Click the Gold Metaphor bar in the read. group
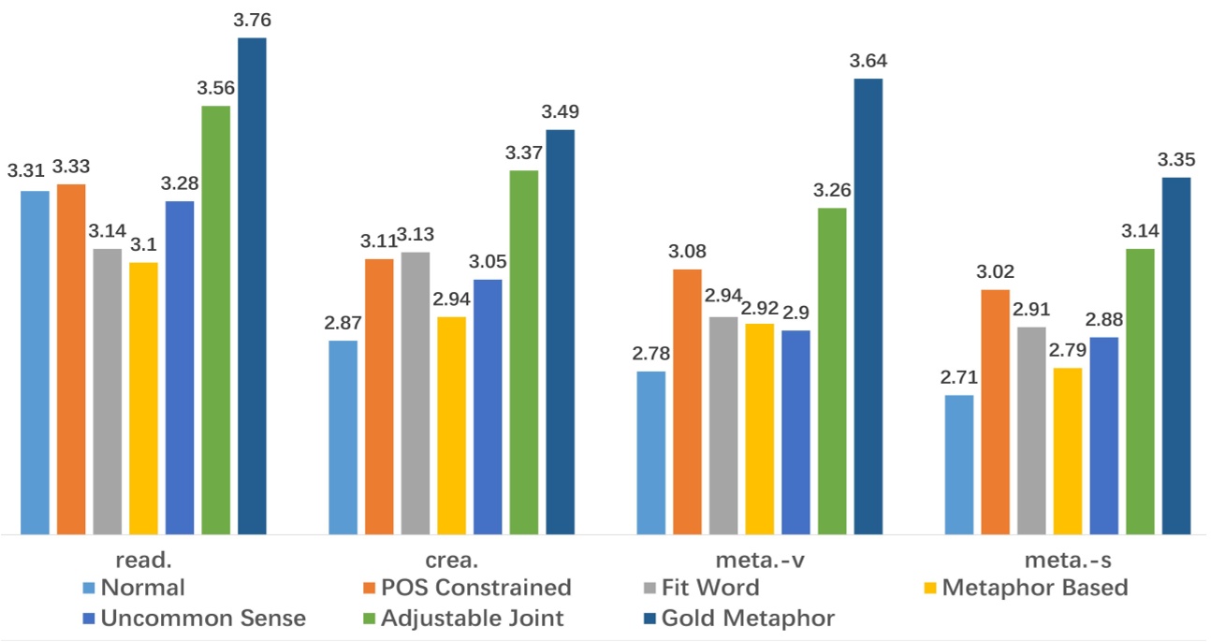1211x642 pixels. [x=252, y=285]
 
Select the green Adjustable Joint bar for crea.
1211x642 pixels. [x=524, y=352]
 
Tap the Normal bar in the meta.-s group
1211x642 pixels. [x=959, y=464]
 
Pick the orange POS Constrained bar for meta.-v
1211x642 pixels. [x=687, y=401]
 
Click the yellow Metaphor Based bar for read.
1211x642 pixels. [x=143, y=398]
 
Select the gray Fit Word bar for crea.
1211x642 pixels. [x=416, y=393]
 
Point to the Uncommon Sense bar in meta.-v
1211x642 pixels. [x=795, y=431]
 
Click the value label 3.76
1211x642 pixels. [x=253, y=20]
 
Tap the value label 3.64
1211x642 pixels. [x=868, y=61]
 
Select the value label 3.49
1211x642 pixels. [x=560, y=112]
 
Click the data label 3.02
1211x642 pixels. [x=996, y=272]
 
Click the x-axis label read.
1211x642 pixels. [x=143, y=562]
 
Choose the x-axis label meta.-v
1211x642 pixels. [x=759, y=562]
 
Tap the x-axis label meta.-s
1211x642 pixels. [x=1068, y=562]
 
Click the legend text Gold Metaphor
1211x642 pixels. [x=748, y=619]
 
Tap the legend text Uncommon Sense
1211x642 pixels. [x=203, y=619]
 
